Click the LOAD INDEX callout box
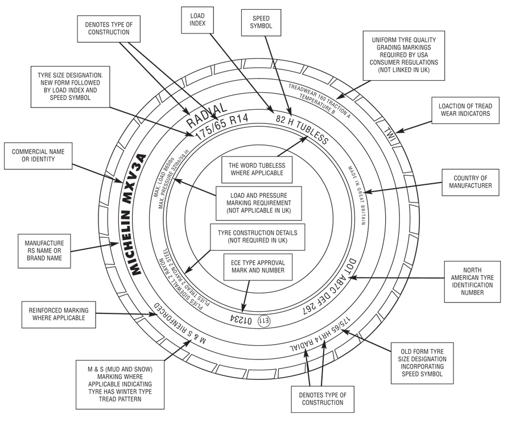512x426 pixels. click(x=197, y=20)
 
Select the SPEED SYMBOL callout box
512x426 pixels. click(x=261, y=23)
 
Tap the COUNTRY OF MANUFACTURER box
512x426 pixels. click(x=470, y=182)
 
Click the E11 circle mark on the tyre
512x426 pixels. click(x=264, y=321)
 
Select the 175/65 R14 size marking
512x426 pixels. click(x=222, y=127)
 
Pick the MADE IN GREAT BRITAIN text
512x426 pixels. click(x=357, y=195)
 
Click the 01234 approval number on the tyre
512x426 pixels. click(x=241, y=320)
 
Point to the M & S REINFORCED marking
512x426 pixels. click(x=179, y=325)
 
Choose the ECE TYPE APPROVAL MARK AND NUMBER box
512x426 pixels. click(x=258, y=267)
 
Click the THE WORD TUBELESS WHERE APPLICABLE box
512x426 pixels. click(x=257, y=169)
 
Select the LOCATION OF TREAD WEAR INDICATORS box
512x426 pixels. click(x=465, y=110)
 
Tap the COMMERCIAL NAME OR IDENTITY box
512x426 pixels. click(x=38, y=155)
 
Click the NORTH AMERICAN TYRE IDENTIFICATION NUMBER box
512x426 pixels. click(x=472, y=282)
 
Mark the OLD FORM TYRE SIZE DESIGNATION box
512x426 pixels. click(x=422, y=363)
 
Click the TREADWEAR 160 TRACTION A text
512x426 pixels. click(x=319, y=101)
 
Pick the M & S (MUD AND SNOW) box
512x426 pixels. click(x=120, y=384)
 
